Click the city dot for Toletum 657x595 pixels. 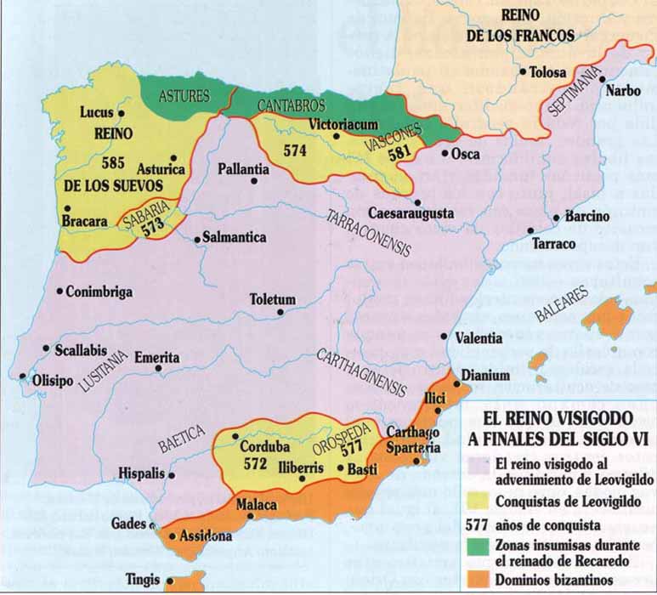pyautogui.click(x=280, y=312)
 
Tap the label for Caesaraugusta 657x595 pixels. pyautogui.click(x=411, y=212)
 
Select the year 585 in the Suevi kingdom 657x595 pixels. pyautogui.click(x=113, y=161)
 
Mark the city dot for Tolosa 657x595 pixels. pyautogui.click(x=521, y=71)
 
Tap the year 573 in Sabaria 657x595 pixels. pyautogui.click(x=153, y=229)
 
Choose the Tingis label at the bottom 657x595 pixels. pyautogui.click(x=143, y=585)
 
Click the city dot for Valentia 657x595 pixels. pyautogui.click(x=445, y=337)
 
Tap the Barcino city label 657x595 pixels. pyautogui.click(x=587, y=217)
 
